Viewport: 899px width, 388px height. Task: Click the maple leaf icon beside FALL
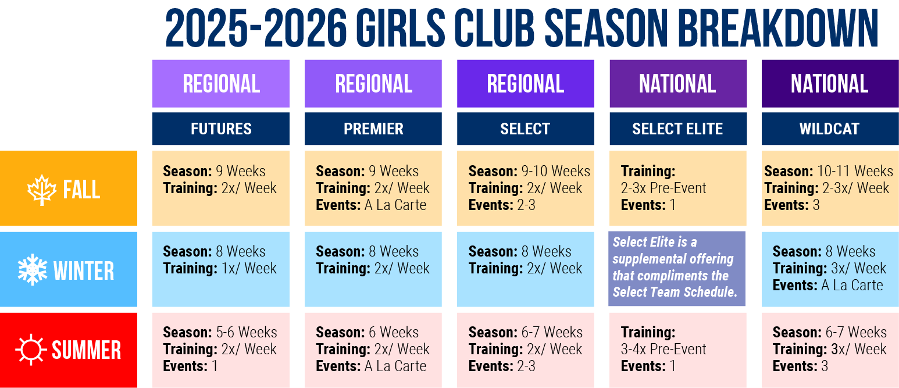coord(42,190)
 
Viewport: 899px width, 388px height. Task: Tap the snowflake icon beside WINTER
coord(33,269)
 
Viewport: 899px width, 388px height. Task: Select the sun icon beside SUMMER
coord(31,350)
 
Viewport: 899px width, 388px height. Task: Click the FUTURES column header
coord(221,129)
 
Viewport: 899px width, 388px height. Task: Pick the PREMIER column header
coord(373,129)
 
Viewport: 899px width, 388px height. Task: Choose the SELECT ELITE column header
coord(678,129)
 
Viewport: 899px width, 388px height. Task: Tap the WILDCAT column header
coord(830,129)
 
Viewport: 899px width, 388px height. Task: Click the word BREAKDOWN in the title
coord(778,29)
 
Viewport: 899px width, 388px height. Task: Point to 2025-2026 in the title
coord(256,29)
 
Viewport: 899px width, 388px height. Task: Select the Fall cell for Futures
coord(221,188)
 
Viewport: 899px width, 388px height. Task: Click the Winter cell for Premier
coord(373,269)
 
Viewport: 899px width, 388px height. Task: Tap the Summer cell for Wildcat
coord(830,350)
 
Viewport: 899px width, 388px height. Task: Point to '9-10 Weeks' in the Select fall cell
coord(555,171)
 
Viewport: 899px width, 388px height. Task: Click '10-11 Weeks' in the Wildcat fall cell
coord(855,171)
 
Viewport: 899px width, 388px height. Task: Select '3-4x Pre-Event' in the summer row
coord(663,349)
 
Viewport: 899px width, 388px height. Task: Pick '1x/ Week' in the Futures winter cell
coord(249,268)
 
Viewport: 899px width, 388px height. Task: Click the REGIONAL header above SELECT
coord(525,84)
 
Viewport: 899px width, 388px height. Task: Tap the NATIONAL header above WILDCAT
coord(830,84)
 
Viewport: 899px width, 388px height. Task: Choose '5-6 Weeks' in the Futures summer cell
coord(247,332)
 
